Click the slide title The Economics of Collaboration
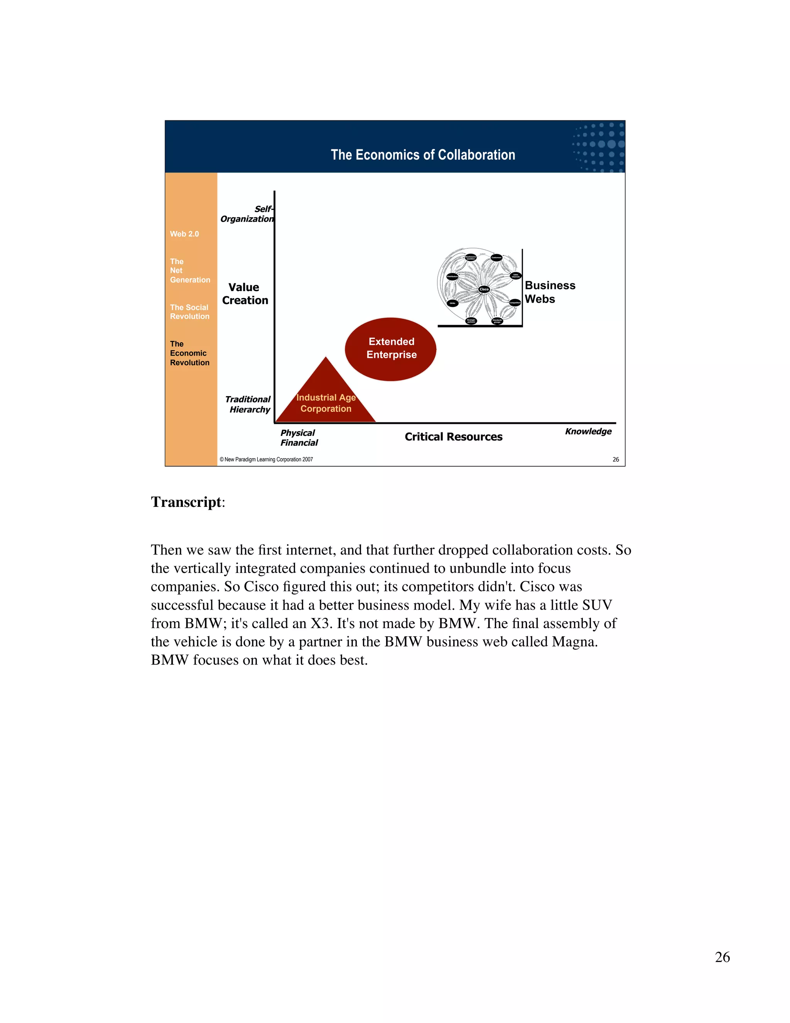(x=423, y=155)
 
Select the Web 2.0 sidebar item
(x=184, y=234)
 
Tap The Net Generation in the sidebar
(x=189, y=271)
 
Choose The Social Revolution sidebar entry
(x=189, y=312)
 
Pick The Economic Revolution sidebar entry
(x=189, y=353)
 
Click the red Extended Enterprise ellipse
(x=391, y=349)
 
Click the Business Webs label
(x=549, y=292)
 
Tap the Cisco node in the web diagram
(x=484, y=290)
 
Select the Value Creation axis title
(x=245, y=294)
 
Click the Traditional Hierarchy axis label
(x=248, y=404)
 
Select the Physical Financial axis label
(x=299, y=437)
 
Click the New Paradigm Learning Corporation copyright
(x=266, y=459)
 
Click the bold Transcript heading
(x=186, y=502)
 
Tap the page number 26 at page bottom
(x=722, y=957)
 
